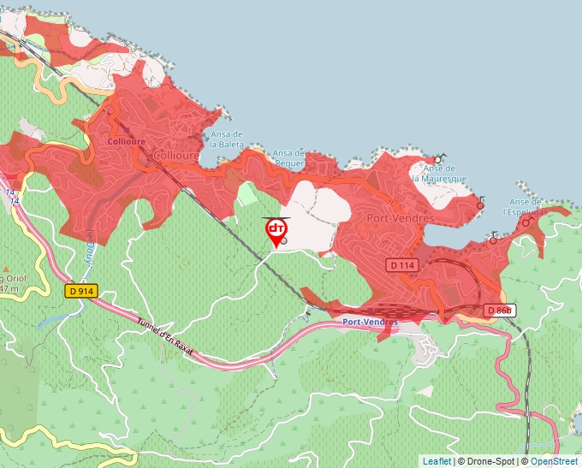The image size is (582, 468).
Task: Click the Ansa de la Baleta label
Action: click(x=227, y=139)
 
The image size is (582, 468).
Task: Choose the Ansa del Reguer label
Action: click(x=289, y=158)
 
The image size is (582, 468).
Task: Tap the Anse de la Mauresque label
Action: click(x=445, y=174)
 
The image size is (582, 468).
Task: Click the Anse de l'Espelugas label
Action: click(x=525, y=206)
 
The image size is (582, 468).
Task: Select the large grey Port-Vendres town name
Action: click(x=400, y=219)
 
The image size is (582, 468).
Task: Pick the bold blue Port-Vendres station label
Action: click(x=370, y=322)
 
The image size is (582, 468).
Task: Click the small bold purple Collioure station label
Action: click(x=128, y=140)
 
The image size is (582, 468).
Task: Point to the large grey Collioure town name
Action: click(x=177, y=156)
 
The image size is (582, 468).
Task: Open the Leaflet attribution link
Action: click(x=436, y=461)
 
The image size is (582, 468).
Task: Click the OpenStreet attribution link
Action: click(x=555, y=461)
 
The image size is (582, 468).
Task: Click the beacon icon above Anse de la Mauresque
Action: click(x=439, y=158)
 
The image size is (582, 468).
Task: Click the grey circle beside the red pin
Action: click(x=283, y=241)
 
